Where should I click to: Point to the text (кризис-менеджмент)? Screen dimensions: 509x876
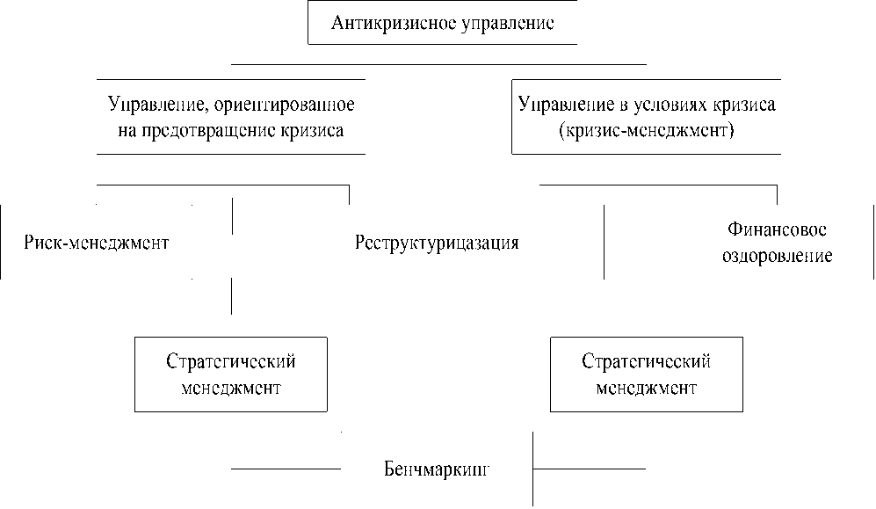click(644, 131)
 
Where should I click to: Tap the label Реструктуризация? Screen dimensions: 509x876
click(437, 243)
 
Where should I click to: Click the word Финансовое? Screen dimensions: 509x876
click(777, 230)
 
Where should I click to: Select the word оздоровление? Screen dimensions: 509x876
click(777, 257)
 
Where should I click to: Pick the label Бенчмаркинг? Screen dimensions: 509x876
click(436, 468)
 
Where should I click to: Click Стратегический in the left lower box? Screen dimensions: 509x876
click(230, 362)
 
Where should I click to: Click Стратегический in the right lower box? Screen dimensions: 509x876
click(646, 362)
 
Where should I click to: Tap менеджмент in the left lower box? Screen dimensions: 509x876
click(230, 388)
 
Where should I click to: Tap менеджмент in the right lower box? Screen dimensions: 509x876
click(646, 388)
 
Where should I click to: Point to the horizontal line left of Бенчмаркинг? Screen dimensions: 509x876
click(285, 469)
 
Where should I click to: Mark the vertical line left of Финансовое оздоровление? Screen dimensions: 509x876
click(605, 242)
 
